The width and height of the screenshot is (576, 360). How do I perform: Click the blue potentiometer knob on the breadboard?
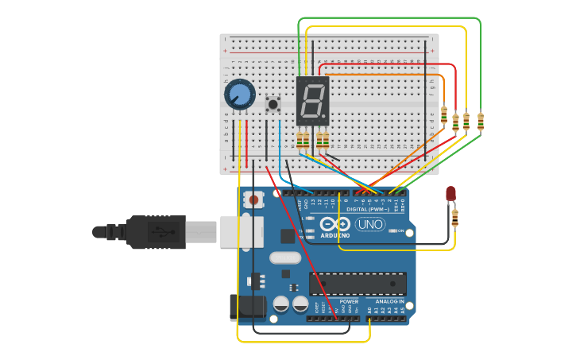click(239, 95)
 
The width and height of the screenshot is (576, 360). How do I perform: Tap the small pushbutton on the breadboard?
click(273, 104)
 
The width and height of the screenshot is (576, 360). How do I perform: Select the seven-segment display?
click(312, 100)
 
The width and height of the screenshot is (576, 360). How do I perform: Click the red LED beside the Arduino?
click(450, 193)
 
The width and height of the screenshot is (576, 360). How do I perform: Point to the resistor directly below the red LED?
click(454, 217)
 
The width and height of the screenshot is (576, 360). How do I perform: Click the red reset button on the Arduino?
click(254, 199)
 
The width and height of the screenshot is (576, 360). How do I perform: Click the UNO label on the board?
click(369, 225)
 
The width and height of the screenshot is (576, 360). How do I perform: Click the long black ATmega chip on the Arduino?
click(368, 284)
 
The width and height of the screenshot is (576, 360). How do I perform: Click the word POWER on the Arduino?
click(349, 302)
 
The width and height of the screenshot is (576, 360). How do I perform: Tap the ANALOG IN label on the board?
click(389, 302)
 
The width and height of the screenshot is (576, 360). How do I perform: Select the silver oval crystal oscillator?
click(284, 257)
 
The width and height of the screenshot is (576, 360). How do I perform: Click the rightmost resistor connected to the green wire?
click(480, 121)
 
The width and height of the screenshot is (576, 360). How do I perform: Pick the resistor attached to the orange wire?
click(443, 115)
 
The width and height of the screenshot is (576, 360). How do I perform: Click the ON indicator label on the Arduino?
click(400, 231)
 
